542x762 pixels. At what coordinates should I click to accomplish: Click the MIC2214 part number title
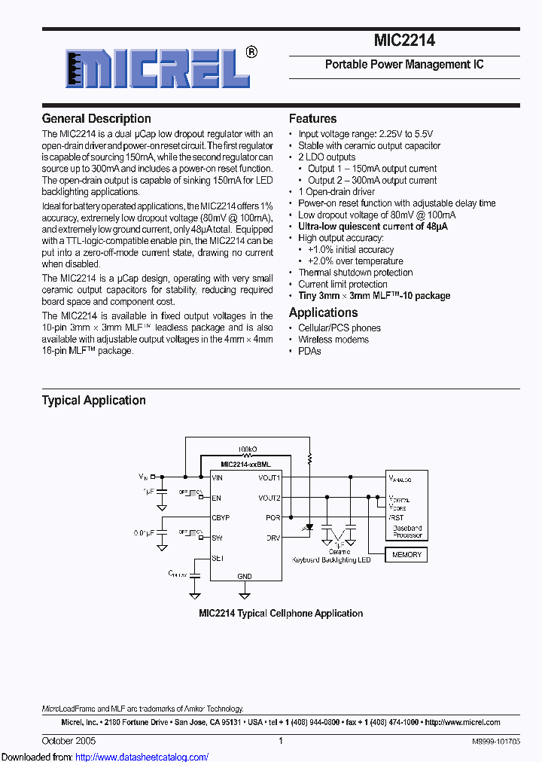[x=404, y=41]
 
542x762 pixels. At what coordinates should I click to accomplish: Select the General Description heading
[x=96, y=118]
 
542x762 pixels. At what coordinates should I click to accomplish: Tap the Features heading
[x=312, y=118]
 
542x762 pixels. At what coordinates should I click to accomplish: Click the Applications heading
[x=323, y=312]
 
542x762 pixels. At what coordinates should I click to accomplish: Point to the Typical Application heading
[x=93, y=401]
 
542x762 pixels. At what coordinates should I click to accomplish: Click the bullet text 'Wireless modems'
[x=333, y=340]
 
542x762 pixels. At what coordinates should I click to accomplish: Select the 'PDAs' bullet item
[x=309, y=351]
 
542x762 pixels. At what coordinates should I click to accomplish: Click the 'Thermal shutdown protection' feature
[x=355, y=273]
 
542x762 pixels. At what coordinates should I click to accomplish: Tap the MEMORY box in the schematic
[x=406, y=555]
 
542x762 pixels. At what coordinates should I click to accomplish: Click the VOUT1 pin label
[x=269, y=477]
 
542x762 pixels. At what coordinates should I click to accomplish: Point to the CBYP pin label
[x=221, y=518]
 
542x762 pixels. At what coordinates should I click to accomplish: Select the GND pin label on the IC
[x=245, y=576]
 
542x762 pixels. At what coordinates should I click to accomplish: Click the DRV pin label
[x=273, y=538]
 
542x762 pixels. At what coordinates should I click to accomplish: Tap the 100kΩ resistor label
[x=247, y=448]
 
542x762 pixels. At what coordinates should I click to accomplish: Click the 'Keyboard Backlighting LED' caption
[x=331, y=560]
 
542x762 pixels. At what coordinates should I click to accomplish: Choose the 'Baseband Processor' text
[x=407, y=532]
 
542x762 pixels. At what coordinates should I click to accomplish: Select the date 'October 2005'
[x=69, y=741]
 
